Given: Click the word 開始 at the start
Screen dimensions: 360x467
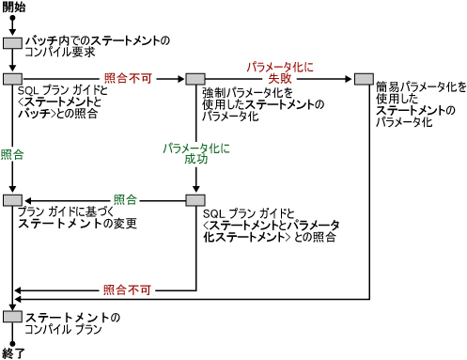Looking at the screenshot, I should point(14,8).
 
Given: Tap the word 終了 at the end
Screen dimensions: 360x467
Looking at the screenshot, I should point(14,352).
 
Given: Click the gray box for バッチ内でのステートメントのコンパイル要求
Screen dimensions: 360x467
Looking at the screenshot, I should point(12,43).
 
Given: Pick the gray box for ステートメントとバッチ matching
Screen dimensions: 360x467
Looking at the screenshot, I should point(12,79).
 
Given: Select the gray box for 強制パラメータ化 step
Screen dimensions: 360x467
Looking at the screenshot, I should point(195,79).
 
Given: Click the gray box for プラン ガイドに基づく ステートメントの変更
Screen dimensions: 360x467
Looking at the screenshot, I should point(12,200).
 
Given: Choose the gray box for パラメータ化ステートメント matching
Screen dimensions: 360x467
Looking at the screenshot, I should point(195,200).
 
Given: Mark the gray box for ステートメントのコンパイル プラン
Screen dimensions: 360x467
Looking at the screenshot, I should point(12,318).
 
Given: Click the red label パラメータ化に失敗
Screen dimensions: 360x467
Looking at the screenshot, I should point(280,73).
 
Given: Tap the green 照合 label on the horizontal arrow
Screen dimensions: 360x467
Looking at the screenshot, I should point(125,200).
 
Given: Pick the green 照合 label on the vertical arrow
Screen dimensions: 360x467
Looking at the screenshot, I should point(12,152).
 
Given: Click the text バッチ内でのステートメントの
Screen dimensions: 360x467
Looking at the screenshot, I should point(98,41).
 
